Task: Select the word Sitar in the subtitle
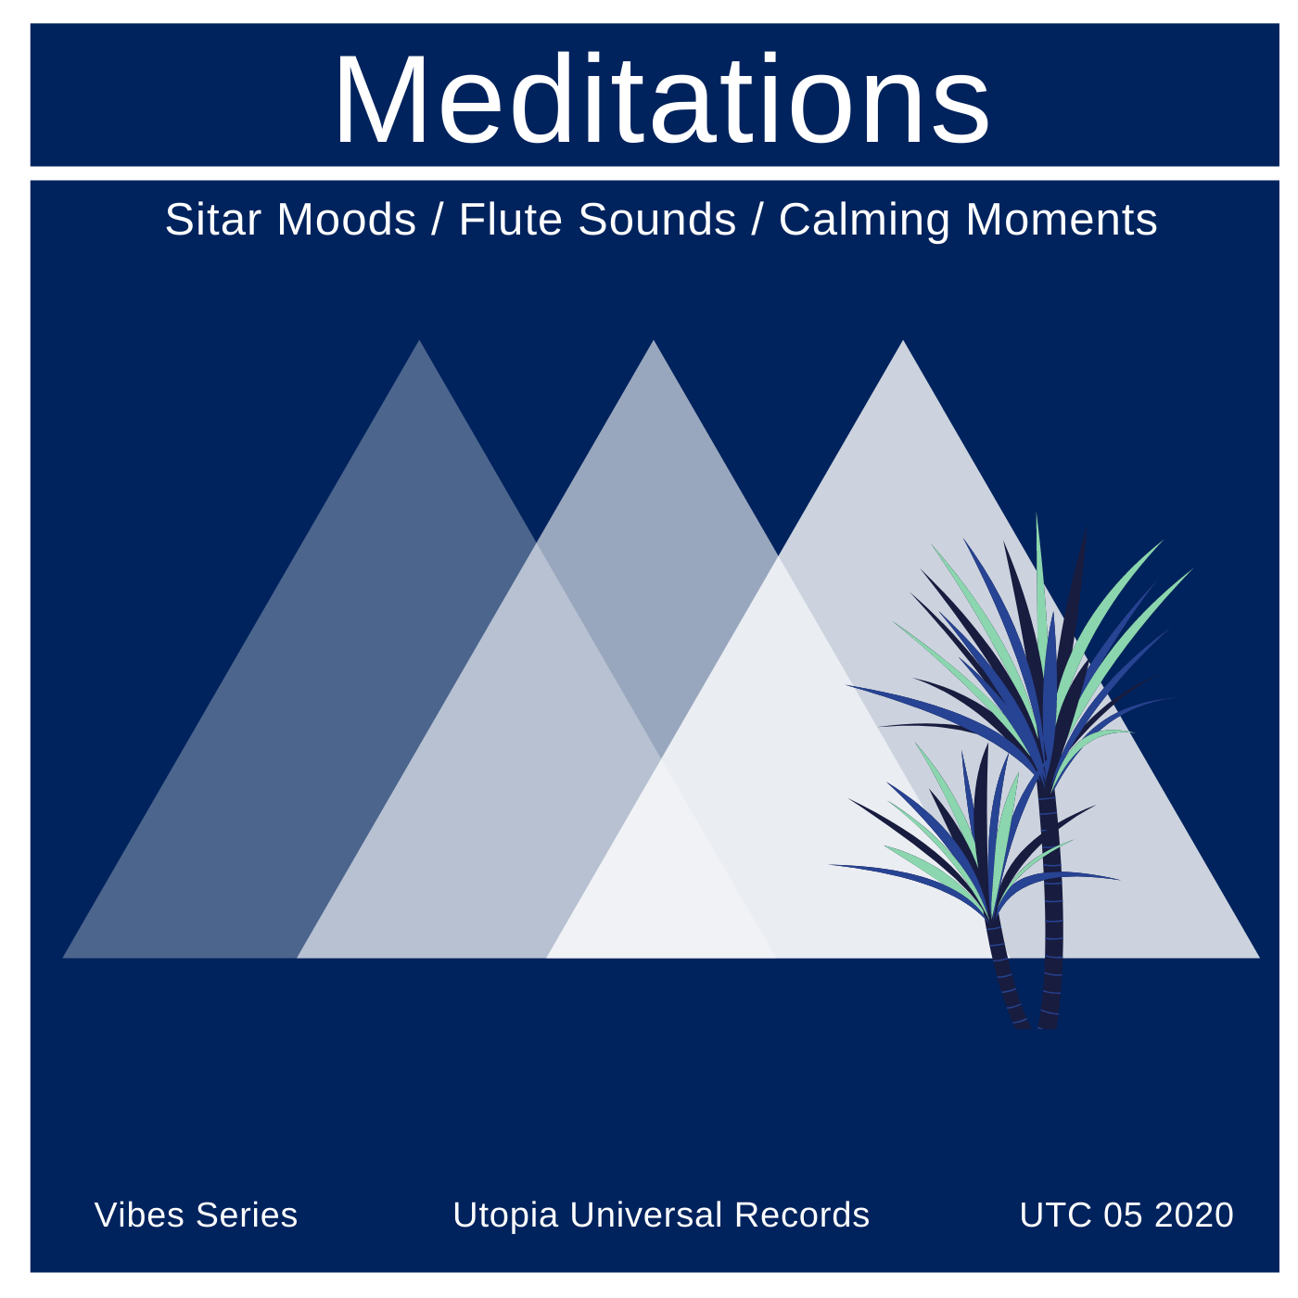click(213, 220)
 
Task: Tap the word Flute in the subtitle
click(511, 220)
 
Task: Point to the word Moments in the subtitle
click(1062, 220)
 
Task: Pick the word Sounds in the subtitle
click(656, 220)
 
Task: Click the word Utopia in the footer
click(505, 1215)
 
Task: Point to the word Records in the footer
click(802, 1215)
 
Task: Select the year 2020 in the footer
click(1193, 1215)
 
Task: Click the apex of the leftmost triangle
click(419, 341)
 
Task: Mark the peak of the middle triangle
click(653, 341)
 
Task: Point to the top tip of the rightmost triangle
click(903, 341)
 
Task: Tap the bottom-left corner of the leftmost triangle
click(63, 957)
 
